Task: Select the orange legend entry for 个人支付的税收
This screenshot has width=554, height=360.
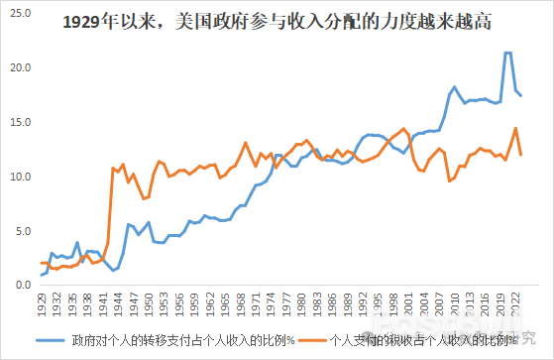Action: pos(416,339)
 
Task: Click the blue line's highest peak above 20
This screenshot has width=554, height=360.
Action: pos(508,53)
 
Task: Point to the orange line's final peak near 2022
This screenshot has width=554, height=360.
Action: pos(515,128)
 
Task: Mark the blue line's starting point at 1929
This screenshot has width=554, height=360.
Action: pos(42,275)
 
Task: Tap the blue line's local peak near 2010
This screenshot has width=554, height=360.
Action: pos(454,87)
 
